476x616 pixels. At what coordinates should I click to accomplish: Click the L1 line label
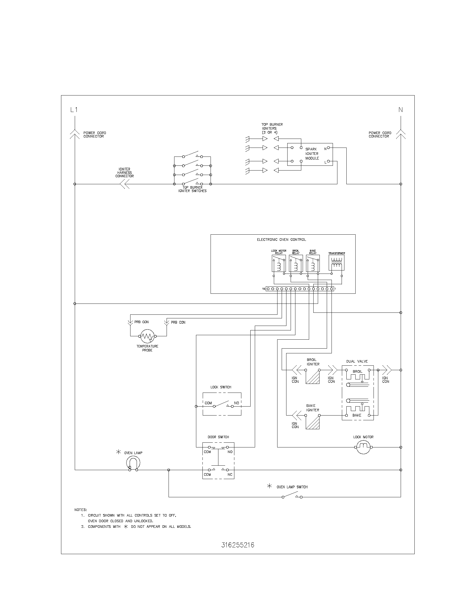point(74,110)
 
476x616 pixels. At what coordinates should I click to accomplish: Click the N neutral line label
point(400,110)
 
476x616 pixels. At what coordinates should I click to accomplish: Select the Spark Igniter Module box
point(310,154)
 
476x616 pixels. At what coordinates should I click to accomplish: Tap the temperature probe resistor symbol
point(147,336)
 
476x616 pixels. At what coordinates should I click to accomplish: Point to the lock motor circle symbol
point(363,447)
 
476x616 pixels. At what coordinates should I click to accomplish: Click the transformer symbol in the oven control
point(336,263)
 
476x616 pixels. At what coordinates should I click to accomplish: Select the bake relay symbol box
point(313,263)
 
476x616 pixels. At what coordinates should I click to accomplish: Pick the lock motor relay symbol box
point(279,263)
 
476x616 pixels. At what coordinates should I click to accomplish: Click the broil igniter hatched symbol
point(313,377)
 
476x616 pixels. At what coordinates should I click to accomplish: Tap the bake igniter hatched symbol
point(312,422)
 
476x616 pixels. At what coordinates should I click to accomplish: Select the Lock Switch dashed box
point(222,404)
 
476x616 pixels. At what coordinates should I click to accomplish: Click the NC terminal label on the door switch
point(230,475)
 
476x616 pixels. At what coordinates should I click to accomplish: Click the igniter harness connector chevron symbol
point(125,184)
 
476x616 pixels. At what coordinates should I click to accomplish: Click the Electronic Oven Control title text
point(281,240)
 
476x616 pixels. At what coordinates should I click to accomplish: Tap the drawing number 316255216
point(238,545)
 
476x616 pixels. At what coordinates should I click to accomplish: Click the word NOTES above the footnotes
point(81,510)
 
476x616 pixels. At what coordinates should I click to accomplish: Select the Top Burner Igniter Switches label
point(192,189)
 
